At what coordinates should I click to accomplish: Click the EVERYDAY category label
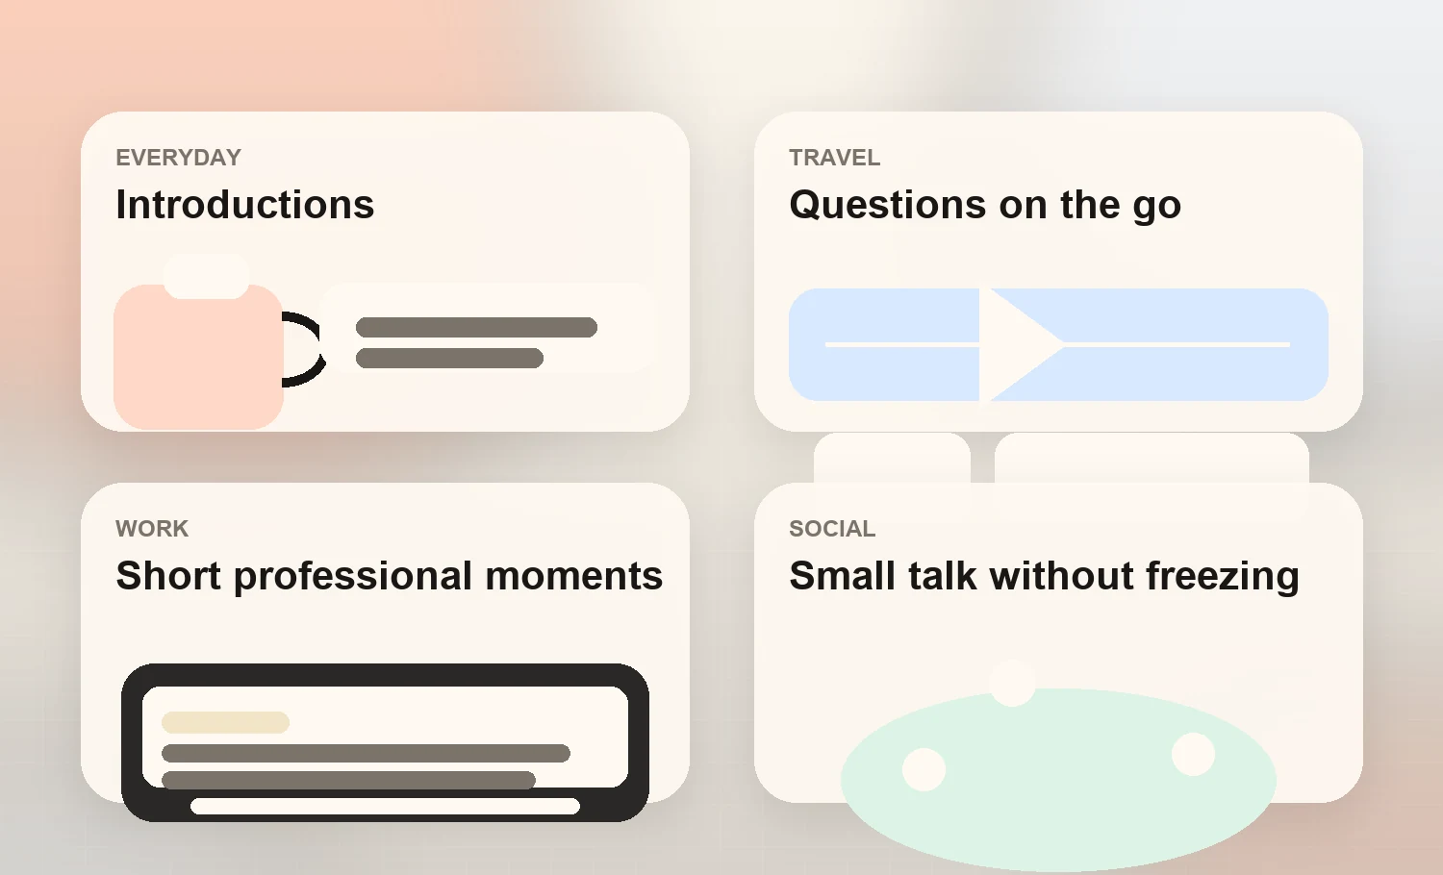point(178,158)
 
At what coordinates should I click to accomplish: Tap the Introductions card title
point(244,205)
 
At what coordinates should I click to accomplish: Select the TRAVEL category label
point(834,158)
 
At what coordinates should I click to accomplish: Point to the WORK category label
point(152,529)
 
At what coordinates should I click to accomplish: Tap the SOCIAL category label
point(832,529)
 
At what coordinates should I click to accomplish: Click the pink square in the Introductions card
point(197,361)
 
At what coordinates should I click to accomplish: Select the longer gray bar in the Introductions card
point(476,328)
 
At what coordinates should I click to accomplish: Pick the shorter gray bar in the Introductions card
point(449,359)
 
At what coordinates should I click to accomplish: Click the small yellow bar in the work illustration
point(225,722)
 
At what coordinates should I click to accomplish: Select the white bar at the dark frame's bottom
point(385,806)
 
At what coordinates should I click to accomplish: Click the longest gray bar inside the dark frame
point(366,753)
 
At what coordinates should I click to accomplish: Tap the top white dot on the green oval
point(1012,683)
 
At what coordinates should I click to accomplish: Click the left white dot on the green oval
point(924,769)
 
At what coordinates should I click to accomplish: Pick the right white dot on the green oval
point(1193,754)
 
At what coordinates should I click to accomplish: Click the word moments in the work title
point(573,577)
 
